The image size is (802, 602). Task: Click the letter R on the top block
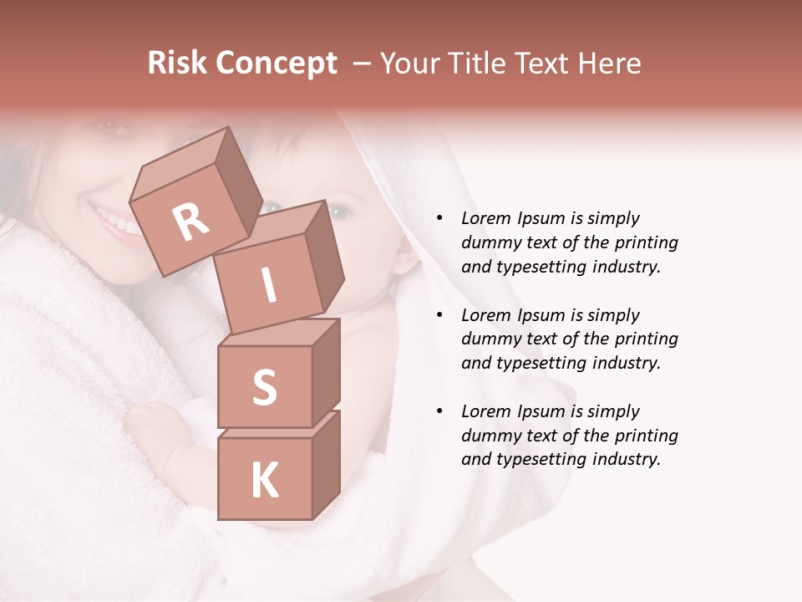191,222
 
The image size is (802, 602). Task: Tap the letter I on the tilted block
269,285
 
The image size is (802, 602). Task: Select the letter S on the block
264,387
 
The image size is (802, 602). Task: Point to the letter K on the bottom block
264,481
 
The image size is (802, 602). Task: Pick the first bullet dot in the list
439,218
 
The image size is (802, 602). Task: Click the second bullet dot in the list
439,315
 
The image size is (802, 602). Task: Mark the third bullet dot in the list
439,411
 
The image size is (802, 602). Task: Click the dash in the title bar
363,64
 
